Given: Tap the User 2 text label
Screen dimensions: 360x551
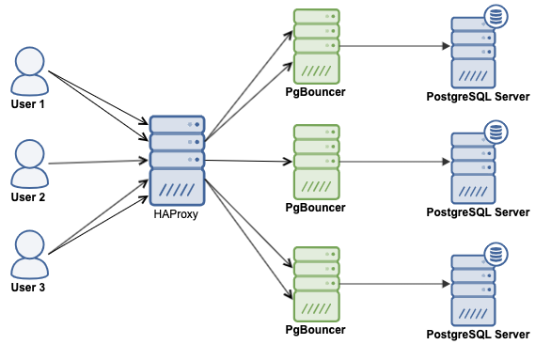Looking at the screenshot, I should click(x=28, y=197).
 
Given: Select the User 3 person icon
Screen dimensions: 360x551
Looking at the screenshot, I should click(x=28, y=254).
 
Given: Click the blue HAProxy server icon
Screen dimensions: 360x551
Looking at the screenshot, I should click(x=177, y=160).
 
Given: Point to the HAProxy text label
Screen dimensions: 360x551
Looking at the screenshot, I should click(x=177, y=214).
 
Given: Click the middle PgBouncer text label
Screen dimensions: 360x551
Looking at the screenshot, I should click(x=315, y=208).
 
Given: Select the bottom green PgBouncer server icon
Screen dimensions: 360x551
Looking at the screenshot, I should click(x=315, y=284).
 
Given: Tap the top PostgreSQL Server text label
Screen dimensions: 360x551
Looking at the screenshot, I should click(x=478, y=97).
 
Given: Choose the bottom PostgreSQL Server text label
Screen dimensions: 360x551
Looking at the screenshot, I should click(x=478, y=335).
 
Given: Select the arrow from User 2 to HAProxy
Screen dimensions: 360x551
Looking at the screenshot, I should click(x=99, y=163).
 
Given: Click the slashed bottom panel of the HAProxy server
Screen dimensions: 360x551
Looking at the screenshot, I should click(x=177, y=190).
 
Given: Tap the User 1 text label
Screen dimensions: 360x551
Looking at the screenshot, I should click(x=28, y=103).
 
